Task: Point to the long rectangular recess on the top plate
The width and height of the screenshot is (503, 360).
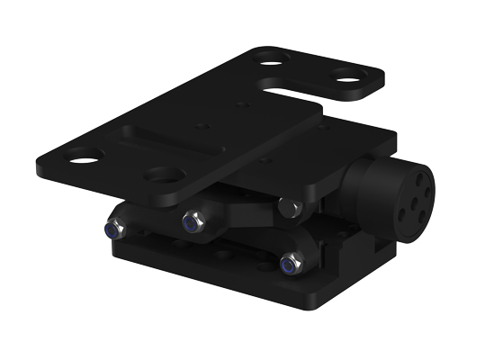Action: tap(171, 143)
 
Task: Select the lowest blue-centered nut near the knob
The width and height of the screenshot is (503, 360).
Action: tap(289, 265)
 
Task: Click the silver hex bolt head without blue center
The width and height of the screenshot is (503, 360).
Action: tap(288, 208)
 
